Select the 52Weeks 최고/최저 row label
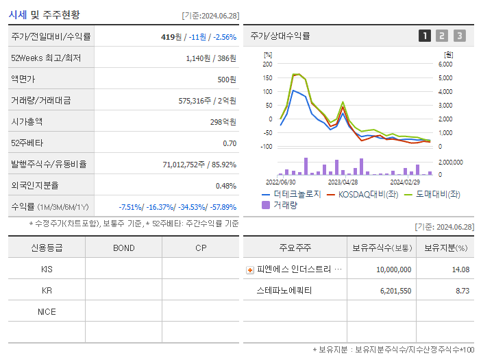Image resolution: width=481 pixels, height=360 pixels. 47,58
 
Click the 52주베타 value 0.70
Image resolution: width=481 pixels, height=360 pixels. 230,143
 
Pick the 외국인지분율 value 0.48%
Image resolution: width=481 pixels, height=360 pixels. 225,186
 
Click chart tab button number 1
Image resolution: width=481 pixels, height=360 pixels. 425,36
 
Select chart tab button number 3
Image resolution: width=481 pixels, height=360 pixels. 459,36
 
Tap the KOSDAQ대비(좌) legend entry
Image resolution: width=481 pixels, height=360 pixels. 362,194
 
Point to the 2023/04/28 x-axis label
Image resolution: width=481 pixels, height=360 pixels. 343,182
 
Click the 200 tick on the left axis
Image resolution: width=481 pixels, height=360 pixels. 267,64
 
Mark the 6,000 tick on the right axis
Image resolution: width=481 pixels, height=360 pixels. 445,64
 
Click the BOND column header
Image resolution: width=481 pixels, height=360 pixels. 123,248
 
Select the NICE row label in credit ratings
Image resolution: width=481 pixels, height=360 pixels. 47,311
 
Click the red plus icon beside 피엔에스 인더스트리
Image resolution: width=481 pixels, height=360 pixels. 249,269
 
